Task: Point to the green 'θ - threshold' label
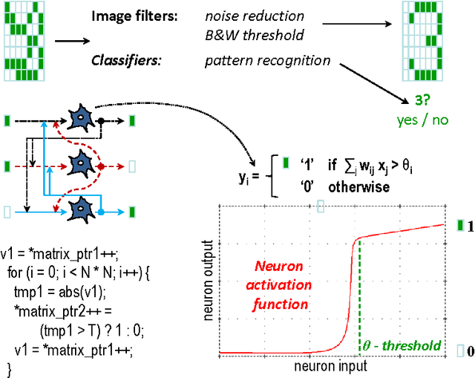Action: point(400,345)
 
